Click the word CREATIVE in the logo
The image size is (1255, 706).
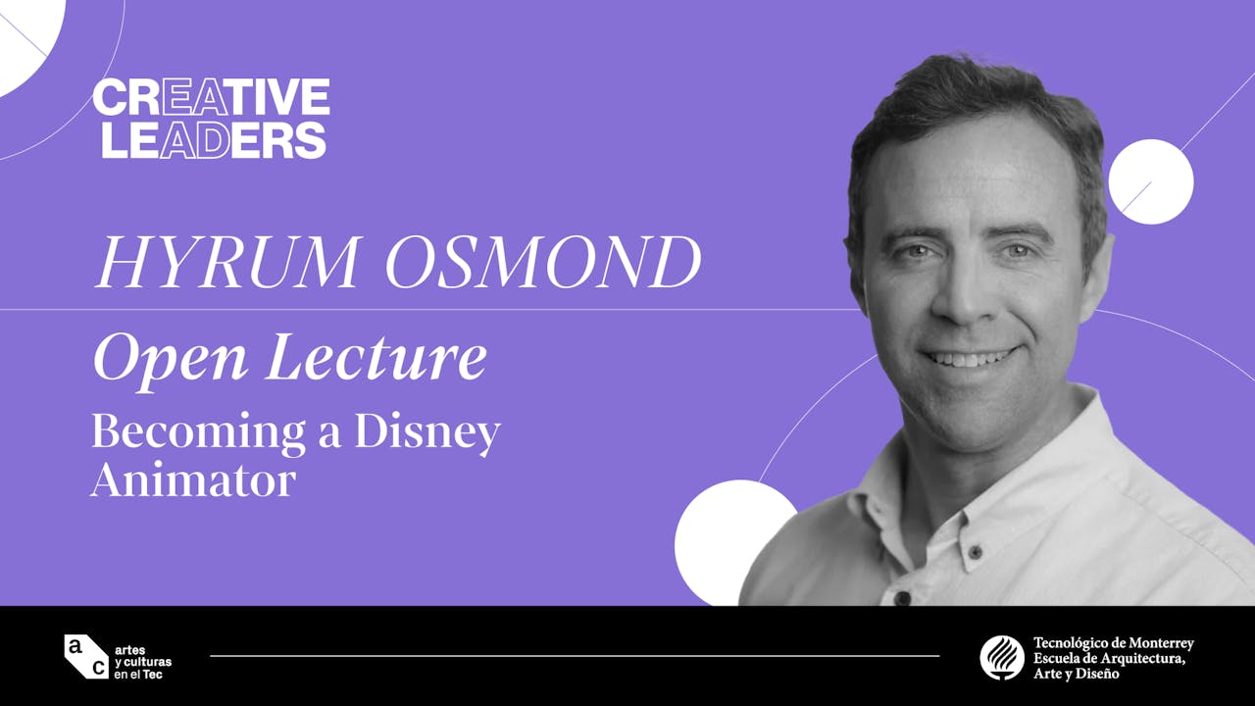211,97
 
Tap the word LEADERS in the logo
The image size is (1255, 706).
214,140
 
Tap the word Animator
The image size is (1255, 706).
192,480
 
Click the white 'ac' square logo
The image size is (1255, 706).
86,656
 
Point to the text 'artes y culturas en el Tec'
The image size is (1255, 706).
143,657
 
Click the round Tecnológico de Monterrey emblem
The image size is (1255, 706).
1002,657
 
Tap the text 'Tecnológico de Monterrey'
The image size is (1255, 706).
1113,643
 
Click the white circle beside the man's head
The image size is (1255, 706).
1150,181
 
